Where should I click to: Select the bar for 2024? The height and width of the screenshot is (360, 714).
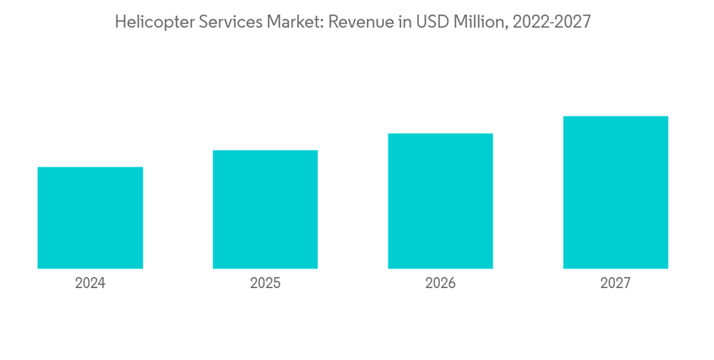(90, 218)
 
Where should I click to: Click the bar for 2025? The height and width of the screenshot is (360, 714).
(265, 209)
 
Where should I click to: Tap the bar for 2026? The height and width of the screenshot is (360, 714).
(441, 201)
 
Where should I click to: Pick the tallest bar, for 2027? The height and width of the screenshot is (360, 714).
(615, 192)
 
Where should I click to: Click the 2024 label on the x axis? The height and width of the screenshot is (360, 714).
(90, 284)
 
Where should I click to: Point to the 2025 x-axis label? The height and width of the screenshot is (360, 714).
(265, 284)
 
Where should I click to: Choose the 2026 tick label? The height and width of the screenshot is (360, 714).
(441, 284)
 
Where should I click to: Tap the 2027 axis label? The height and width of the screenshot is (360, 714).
(615, 284)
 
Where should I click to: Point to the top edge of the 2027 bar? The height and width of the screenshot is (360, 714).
(615, 116)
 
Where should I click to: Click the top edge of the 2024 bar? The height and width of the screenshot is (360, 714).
(90, 168)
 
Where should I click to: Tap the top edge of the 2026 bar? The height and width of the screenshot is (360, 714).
(441, 134)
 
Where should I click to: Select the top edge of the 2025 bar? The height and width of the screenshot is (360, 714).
(265, 151)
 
